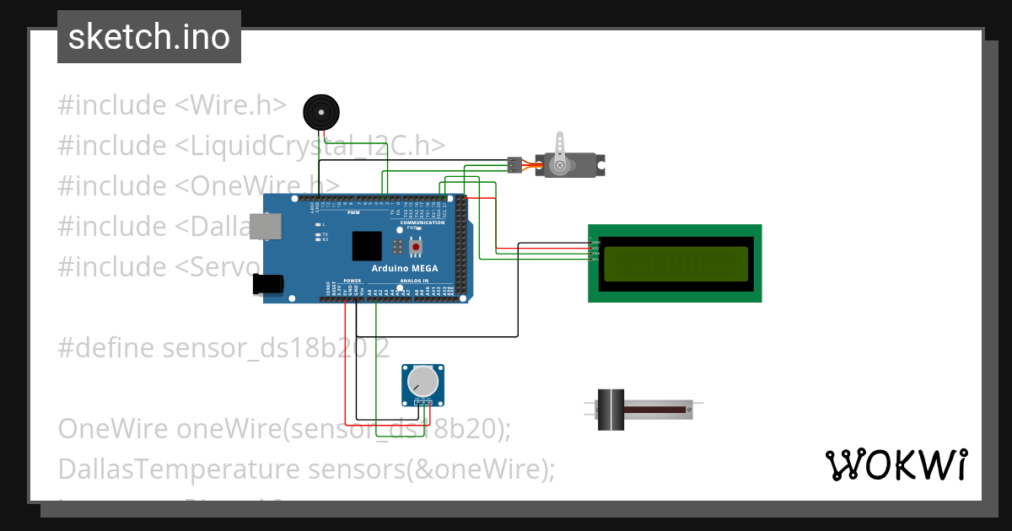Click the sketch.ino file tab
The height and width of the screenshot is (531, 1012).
(149, 37)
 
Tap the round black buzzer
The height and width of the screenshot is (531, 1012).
(320, 111)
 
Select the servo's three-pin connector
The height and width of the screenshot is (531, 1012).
(514, 165)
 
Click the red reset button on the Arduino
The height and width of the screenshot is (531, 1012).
(415, 246)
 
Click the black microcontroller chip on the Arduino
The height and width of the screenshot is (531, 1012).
(367, 245)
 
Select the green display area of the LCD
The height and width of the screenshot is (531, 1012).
(675, 263)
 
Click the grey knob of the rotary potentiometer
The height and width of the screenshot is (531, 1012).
(423, 382)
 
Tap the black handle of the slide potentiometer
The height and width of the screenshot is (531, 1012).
(610, 410)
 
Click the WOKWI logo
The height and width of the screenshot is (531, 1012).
(896, 465)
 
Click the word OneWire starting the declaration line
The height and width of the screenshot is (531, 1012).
(113, 428)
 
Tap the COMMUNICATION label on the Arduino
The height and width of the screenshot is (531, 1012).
(423, 223)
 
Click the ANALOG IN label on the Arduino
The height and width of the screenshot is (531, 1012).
(414, 281)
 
